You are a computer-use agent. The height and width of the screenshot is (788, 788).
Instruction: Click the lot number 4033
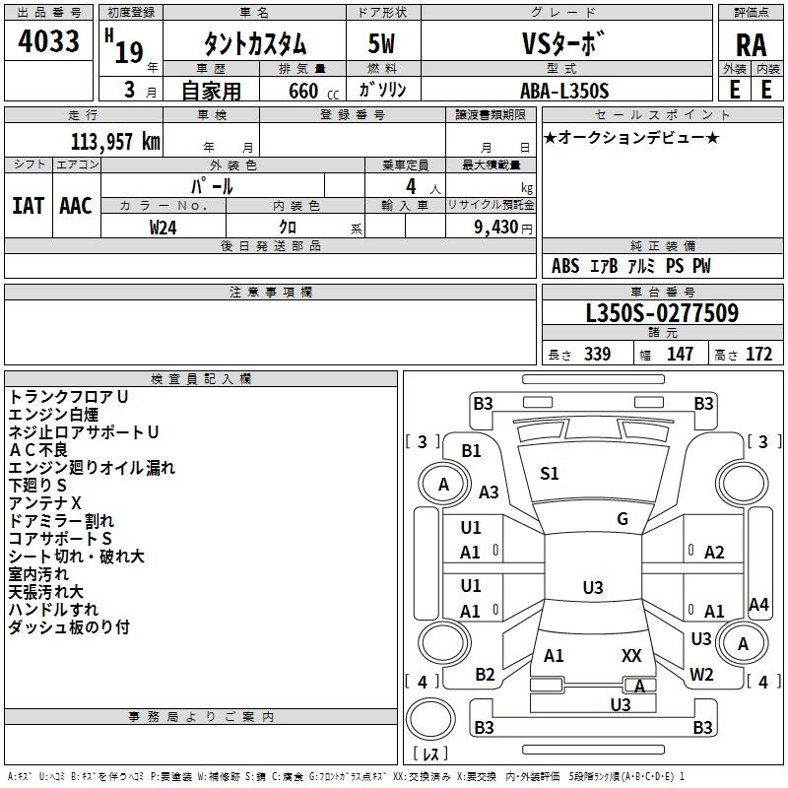click(48, 41)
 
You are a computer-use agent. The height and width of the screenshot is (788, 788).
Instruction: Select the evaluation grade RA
click(751, 43)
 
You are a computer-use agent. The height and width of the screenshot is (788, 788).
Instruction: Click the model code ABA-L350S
click(564, 91)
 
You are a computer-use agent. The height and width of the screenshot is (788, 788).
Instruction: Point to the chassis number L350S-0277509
click(662, 314)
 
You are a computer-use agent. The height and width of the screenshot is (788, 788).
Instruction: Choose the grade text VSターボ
click(564, 43)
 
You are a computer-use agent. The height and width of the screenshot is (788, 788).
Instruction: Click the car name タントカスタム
click(254, 43)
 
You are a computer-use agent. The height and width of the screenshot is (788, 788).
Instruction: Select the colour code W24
click(164, 227)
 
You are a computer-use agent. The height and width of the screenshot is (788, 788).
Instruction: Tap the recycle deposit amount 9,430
click(495, 227)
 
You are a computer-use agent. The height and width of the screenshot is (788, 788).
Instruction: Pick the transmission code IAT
click(28, 205)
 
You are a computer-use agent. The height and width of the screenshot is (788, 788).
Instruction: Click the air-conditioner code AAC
click(76, 205)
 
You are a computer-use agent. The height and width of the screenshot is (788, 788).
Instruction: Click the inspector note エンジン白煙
click(53, 415)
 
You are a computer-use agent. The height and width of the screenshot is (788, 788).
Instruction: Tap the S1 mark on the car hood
click(549, 474)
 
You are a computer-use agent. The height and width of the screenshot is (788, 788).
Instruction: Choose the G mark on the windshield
click(623, 519)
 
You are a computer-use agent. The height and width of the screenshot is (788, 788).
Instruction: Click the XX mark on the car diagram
click(631, 655)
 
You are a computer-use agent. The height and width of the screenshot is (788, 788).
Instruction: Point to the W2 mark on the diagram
click(701, 675)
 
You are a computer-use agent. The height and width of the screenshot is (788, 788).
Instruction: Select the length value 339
click(596, 355)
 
